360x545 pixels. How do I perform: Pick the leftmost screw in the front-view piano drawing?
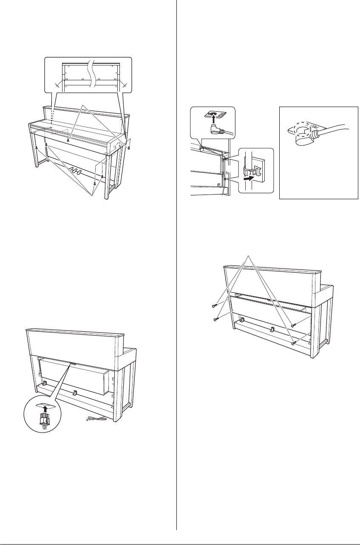(37, 147)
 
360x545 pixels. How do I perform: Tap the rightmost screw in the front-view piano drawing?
(129, 148)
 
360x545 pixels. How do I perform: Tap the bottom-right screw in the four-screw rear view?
(294, 342)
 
